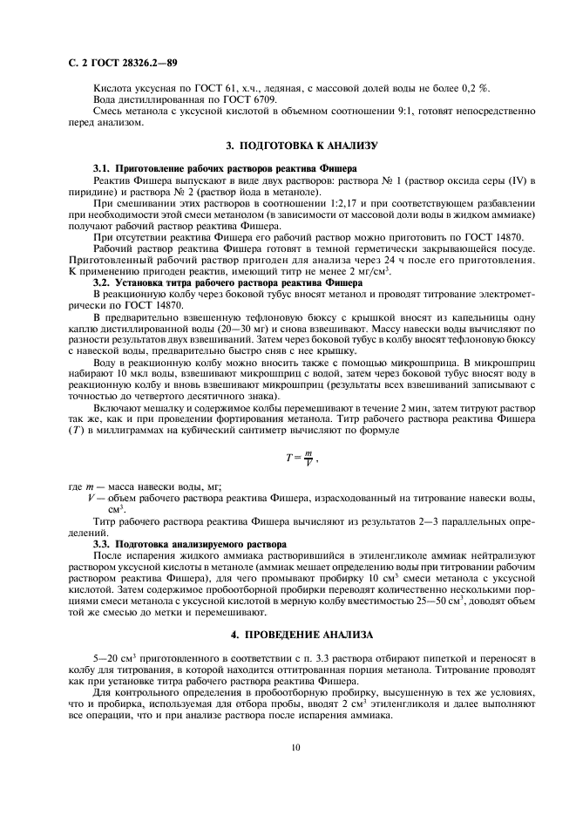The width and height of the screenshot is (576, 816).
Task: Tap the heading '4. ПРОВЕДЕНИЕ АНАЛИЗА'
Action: (288, 632)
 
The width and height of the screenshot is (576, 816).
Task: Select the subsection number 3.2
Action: (104, 282)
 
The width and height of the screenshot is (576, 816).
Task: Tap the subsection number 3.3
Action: (104, 543)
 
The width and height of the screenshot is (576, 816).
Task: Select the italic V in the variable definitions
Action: (91, 498)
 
